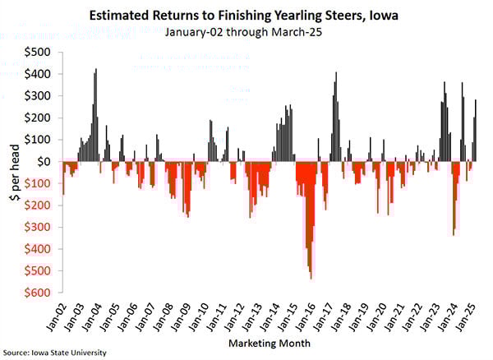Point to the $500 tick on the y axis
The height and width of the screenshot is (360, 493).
[37, 52]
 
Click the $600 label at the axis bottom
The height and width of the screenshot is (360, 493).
[37, 292]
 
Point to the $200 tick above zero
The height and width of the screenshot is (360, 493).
[37, 118]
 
